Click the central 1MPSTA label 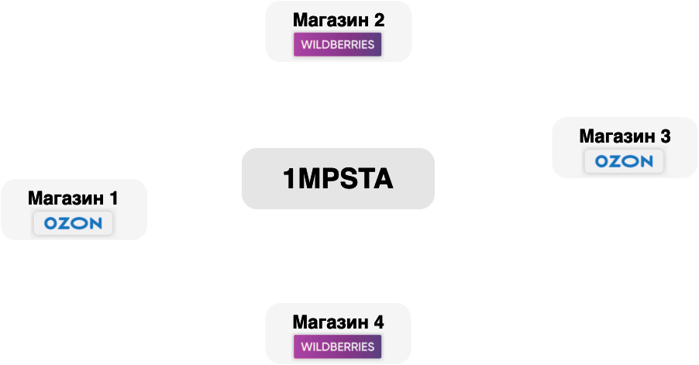[338, 179]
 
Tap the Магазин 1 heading [73, 198]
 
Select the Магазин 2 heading [338, 19]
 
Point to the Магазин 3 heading [625, 136]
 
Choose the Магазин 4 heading [338, 321]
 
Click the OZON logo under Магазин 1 [73, 224]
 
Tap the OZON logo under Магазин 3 [624, 161]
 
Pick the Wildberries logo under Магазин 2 [338, 43]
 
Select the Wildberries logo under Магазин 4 [338, 346]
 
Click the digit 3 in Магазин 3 [665, 136]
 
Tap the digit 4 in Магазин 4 [378, 321]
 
